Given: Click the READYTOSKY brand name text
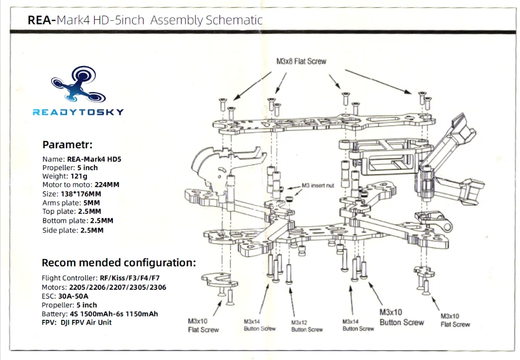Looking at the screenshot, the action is [79, 112].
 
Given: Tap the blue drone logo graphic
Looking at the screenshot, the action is [79, 84].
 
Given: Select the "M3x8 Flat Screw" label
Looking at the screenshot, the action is [301, 61].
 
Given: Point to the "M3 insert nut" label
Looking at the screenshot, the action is [318, 186].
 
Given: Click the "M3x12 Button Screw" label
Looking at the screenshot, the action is [307, 326].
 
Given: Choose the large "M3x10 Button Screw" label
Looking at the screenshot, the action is [401, 317].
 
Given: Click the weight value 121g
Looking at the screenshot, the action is [79, 176].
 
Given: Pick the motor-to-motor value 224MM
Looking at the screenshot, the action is [107, 185].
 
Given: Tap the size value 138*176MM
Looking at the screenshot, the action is [81, 194].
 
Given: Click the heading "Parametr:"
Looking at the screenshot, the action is [67, 145].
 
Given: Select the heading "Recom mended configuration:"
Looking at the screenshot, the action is [119, 263].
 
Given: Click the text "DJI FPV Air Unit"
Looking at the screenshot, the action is [86, 323].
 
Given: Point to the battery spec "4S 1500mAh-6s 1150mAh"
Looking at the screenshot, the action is [114, 314].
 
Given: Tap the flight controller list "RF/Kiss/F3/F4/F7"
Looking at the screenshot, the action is [129, 278].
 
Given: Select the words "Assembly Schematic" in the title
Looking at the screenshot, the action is [206, 20].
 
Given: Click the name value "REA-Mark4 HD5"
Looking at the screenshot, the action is [94, 159].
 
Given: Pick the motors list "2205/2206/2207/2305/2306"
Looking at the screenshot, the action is [118, 287].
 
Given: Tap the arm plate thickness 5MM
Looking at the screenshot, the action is [92, 203].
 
